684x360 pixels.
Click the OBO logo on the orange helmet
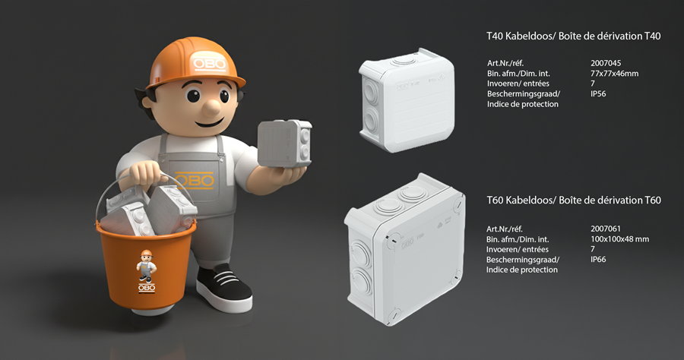210,64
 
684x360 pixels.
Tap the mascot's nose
212,107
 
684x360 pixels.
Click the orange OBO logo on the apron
195,181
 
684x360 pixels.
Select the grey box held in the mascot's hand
284,144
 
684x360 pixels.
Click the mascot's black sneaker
224,288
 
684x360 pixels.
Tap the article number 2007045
606,63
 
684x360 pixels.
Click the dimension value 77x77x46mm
614,73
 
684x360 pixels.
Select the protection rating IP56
598,93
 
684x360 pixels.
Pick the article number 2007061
606,229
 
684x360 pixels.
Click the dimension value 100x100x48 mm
619,238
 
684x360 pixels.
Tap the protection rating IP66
598,259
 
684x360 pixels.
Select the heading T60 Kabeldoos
521,200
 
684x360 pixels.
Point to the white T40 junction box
407,100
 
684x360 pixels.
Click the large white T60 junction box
405,249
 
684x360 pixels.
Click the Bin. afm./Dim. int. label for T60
518,239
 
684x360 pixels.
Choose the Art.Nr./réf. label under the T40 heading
505,63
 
